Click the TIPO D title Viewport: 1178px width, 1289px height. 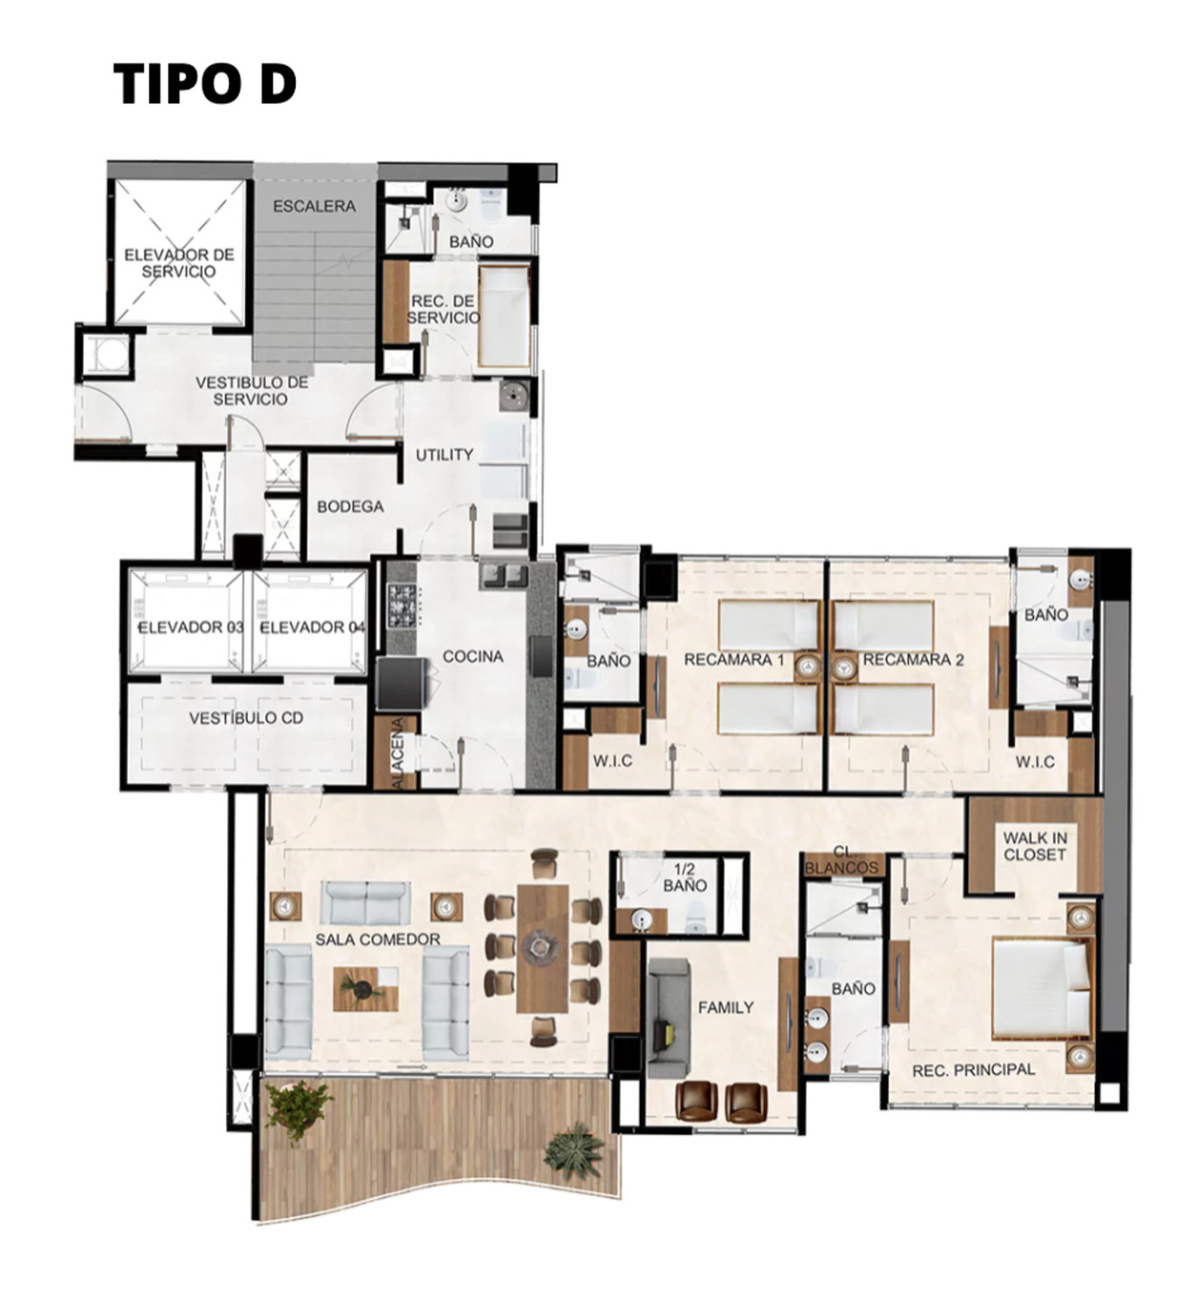click(204, 83)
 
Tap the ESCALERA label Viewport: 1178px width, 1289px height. click(314, 206)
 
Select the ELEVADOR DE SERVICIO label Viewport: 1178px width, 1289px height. click(179, 263)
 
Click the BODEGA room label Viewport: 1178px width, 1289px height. click(350, 507)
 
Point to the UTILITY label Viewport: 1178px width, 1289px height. click(444, 455)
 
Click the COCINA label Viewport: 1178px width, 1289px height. click(473, 657)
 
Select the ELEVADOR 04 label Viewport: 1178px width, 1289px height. click(312, 627)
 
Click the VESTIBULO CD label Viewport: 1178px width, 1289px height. click(245, 718)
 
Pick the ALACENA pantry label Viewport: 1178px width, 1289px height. click(402, 753)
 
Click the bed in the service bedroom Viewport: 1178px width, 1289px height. click(503, 317)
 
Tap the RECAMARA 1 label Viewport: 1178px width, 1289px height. click(733, 660)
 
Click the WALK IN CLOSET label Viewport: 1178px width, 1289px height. click(1035, 846)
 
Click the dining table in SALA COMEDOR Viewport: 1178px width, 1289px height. click(542, 947)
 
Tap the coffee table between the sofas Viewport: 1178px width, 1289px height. click(365, 989)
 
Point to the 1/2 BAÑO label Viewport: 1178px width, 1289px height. click(684, 877)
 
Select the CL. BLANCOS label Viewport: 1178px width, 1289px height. click(841, 859)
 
